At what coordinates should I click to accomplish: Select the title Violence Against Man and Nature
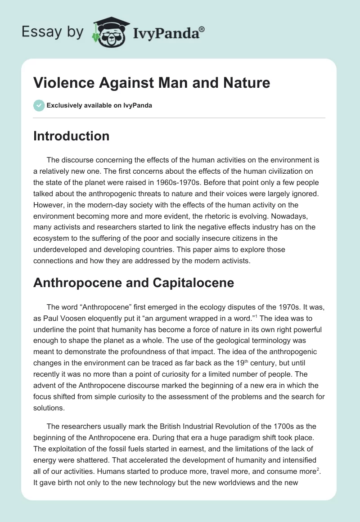[152, 83]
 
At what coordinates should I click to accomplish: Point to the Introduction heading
[71, 136]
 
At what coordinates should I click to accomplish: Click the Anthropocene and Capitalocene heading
[134, 283]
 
